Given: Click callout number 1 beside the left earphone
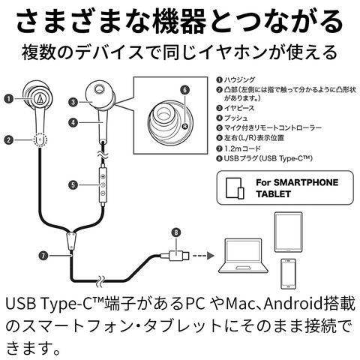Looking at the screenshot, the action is point(9,99).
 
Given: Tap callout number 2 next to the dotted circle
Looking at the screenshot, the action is point(9,139).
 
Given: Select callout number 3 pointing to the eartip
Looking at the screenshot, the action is point(73,102).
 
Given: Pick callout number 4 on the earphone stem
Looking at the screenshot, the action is point(73,122).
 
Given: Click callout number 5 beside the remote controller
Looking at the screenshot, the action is point(73,185).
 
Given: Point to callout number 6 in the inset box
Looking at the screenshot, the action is point(184,90).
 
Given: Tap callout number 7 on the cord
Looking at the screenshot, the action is point(43,256).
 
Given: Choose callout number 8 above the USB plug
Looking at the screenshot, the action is point(176,232).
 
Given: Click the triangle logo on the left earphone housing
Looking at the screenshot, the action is point(40,99).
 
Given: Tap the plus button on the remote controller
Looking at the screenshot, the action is point(103,177).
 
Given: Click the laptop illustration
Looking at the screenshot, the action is point(244,256).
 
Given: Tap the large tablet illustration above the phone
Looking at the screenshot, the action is point(288,232).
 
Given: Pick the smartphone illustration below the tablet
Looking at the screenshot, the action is point(288,274).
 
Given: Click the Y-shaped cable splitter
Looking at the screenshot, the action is point(71,241).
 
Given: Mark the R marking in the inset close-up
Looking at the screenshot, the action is point(184,126).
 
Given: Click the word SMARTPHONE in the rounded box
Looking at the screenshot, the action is point(306,182).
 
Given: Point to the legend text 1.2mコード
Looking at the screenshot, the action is point(242,148).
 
